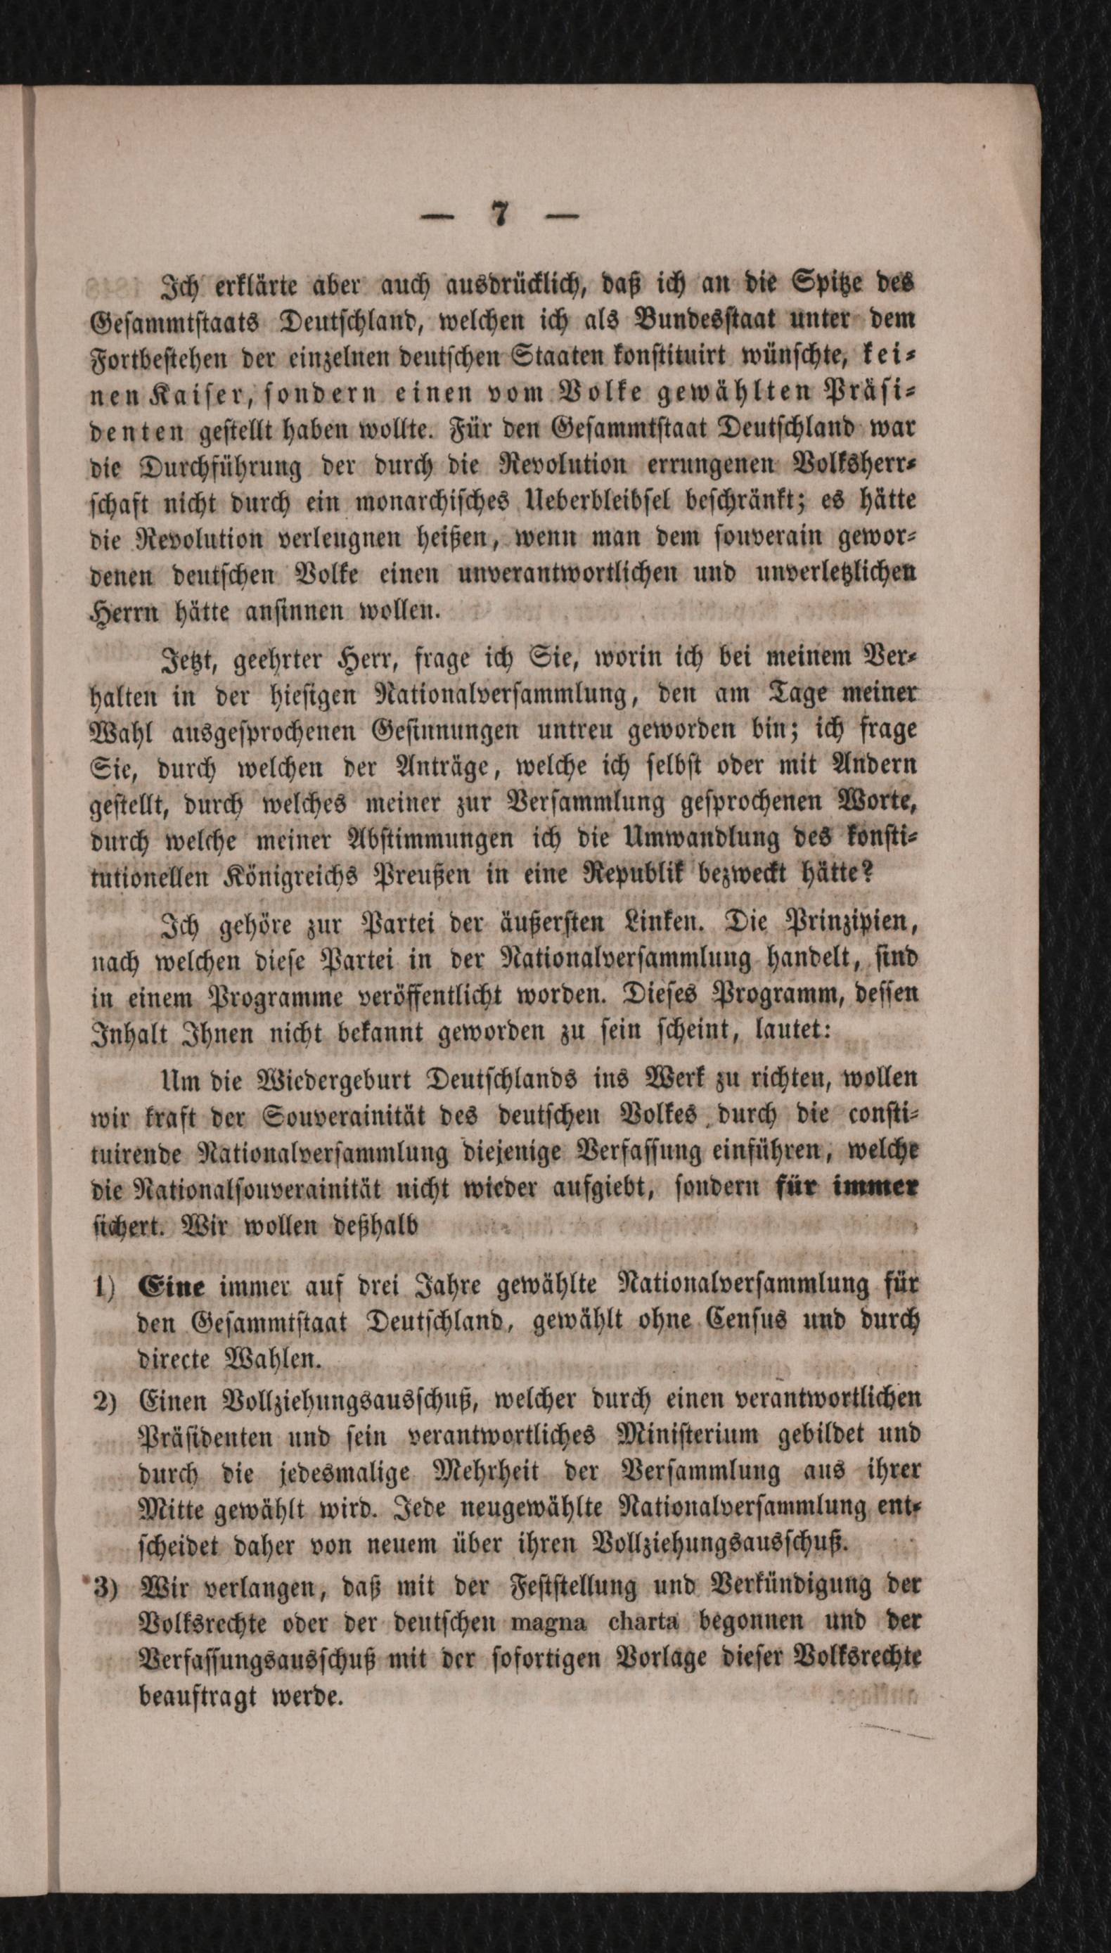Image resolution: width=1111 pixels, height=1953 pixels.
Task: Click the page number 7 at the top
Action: (x=499, y=217)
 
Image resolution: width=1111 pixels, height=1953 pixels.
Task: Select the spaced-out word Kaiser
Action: (x=186, y=396)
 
